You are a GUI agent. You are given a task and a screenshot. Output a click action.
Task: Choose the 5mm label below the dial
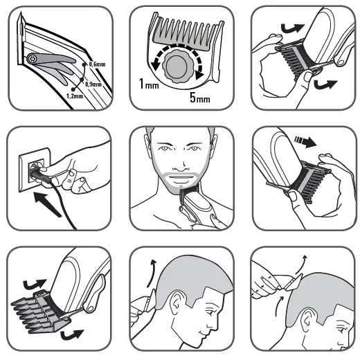(201, 98)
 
